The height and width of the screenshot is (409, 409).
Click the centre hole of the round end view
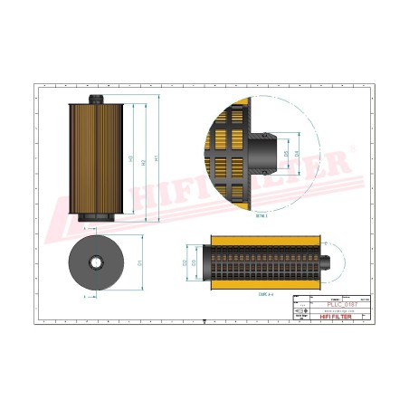pos(96,262)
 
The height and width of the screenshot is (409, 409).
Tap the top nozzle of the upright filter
pos(94,99)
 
